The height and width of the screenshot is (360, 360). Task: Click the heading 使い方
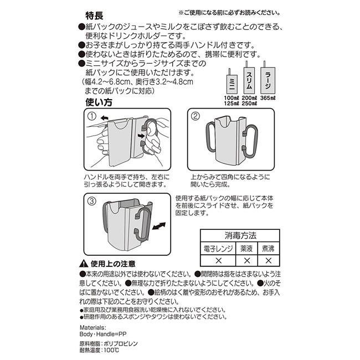click(x=98, y=102)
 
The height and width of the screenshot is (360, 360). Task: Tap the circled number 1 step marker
click(x=92, y=116)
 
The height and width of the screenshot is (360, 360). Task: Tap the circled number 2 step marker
click(x=195, y=116)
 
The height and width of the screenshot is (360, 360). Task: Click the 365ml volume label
click(x=268, y=97)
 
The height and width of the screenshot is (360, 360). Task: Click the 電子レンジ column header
click(x=218, y=249)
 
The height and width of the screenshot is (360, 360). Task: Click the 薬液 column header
click(x=247, y=249)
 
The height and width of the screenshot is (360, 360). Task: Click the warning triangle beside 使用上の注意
click(x=84, y=264)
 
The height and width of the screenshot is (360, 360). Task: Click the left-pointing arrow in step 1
click(x=104, y=117)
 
